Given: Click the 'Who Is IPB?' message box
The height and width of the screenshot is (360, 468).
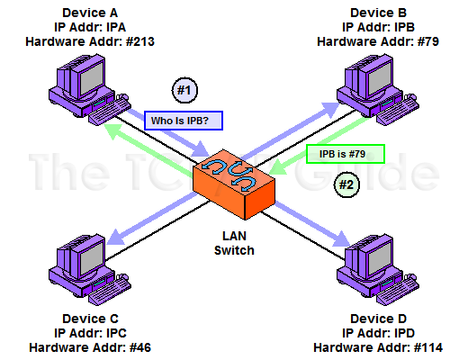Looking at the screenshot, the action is click(x=184, y=121).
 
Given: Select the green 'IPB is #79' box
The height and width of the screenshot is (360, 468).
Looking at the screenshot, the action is click(x=346, y=154).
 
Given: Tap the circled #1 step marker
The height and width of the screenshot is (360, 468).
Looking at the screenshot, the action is click(x=184, y=90).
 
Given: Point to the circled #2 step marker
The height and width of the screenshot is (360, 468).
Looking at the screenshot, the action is click(x=346, y=184).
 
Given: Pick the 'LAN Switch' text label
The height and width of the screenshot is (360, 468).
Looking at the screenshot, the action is click(x=234, y=243).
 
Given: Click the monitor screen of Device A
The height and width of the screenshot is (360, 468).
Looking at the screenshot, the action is click(x=91, y=79).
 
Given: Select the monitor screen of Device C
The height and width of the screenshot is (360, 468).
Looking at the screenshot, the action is click(x=91, y=259).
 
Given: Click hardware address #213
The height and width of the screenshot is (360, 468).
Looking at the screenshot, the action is click(x=140, y=41).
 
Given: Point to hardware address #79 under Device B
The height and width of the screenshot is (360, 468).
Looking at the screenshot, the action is click(x=428, y=41).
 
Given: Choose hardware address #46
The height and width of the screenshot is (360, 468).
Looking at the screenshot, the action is click(x=140, y=347).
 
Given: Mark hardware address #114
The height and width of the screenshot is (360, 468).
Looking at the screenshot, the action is click(x=428, y=347).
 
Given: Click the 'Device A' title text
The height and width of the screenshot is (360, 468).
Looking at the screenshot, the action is click(x=90, y=13).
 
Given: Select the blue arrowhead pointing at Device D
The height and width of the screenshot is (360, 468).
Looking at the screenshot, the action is click(x=342, y=239).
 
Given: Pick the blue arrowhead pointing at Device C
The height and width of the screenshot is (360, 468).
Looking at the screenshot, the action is click(x=115, y=237).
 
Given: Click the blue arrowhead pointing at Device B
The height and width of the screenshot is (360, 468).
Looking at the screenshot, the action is click(x=331, y=110).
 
